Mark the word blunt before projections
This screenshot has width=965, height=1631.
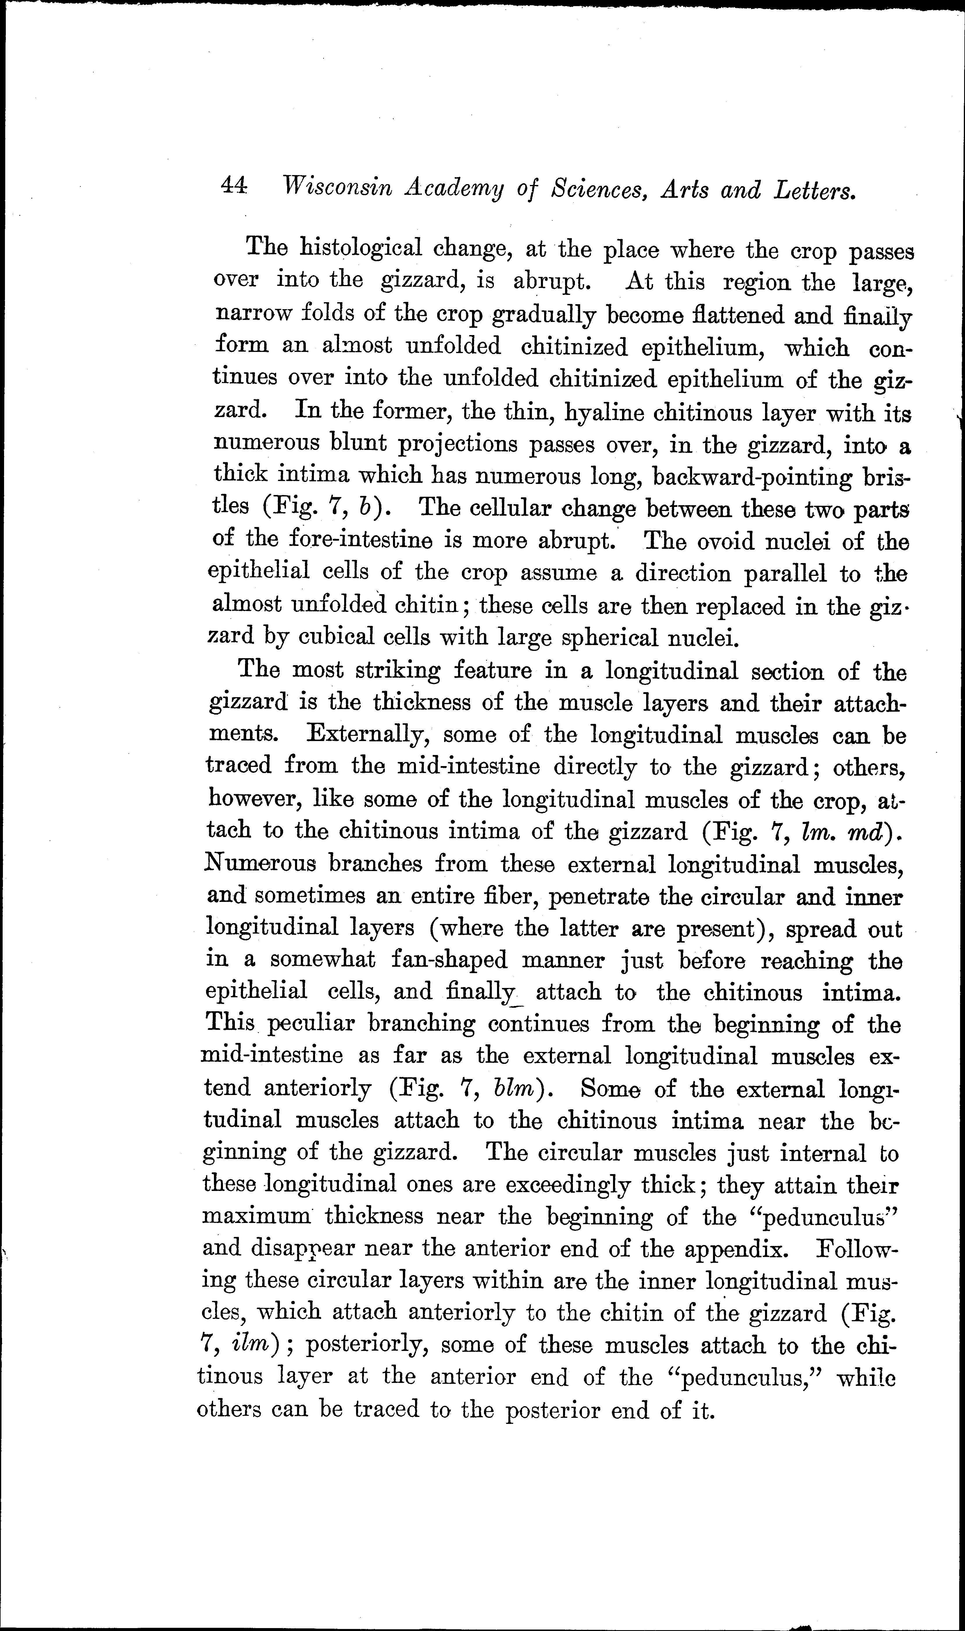[x=359, y=444]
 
